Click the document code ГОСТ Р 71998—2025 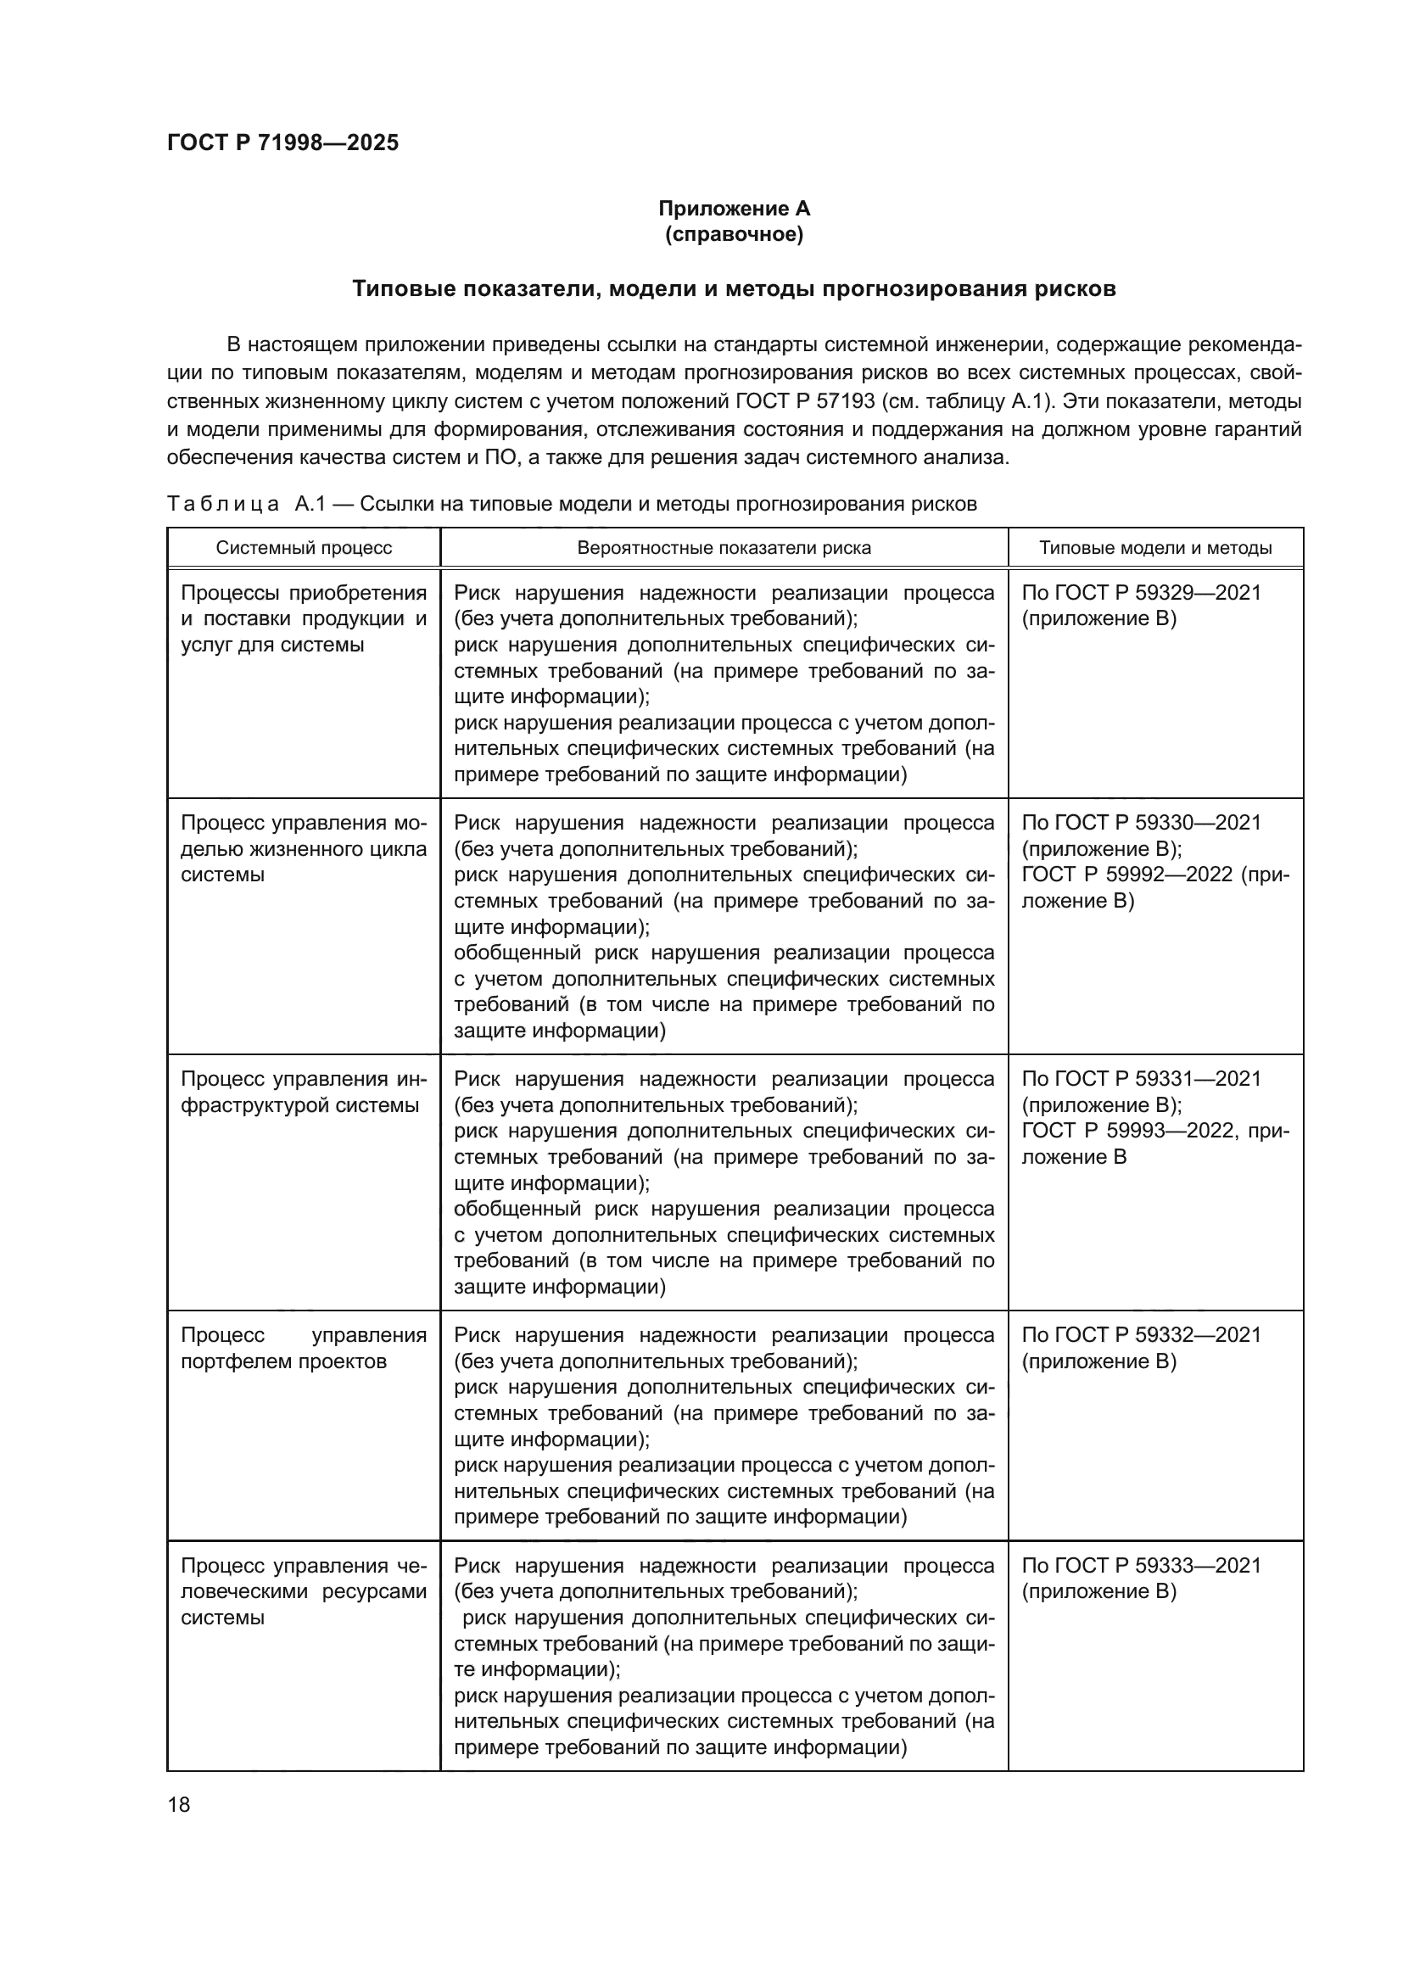click(282, 143)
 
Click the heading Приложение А click(734, 209)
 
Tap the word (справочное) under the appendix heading click(734, 235)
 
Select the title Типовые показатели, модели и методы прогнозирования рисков click(734, 288)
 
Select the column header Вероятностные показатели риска click(723, 548)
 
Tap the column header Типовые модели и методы click(1154, 548)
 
